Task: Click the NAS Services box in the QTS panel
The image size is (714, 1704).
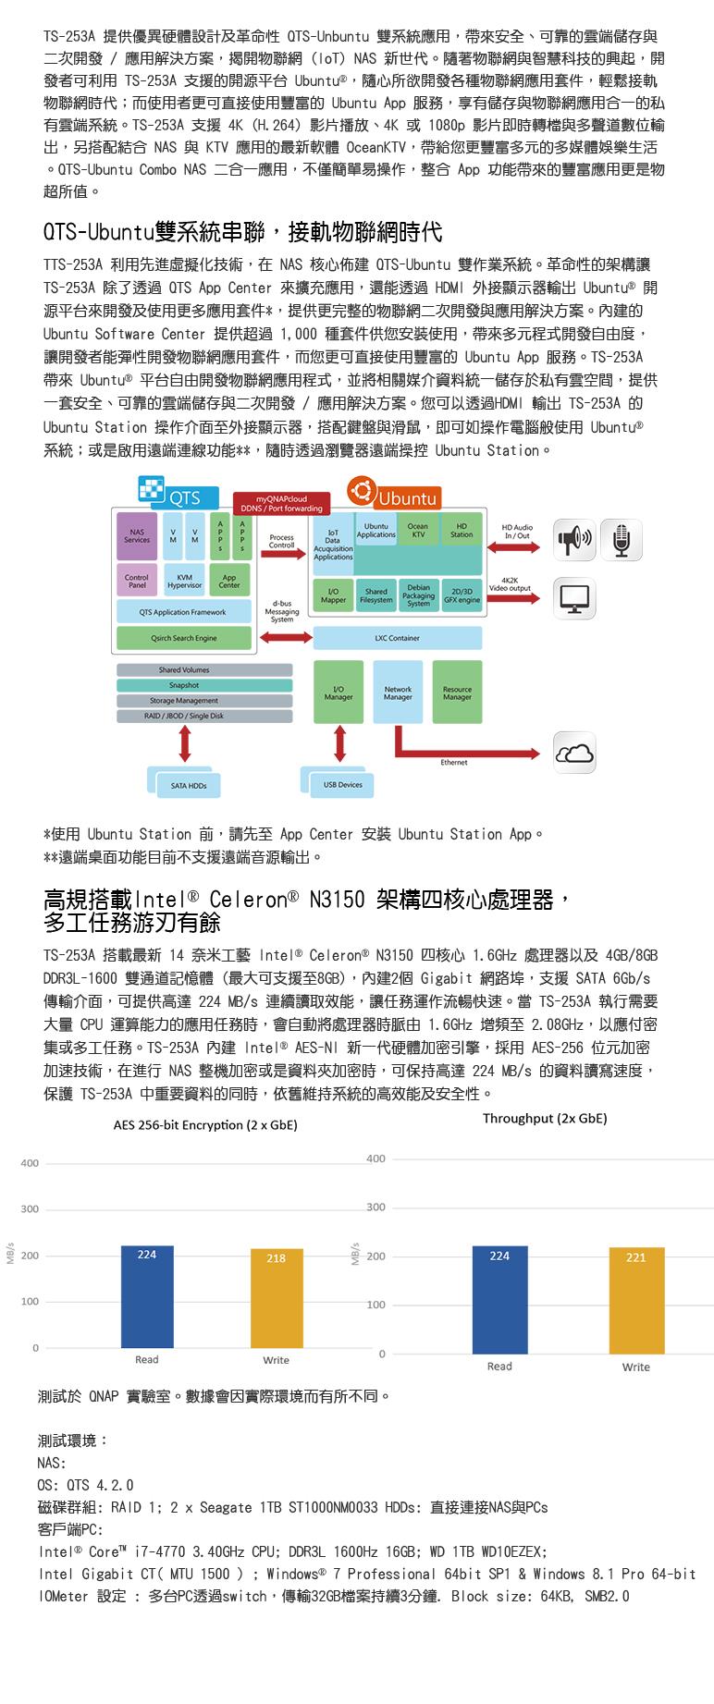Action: (137, 536)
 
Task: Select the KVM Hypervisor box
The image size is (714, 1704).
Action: (184, 582)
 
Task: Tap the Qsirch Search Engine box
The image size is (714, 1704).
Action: (184, 638)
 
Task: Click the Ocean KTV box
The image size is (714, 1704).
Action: (418, 530)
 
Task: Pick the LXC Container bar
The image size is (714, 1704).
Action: (397, 638)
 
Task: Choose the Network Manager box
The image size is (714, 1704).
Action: (398, 693)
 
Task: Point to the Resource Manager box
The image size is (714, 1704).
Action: (457, 693)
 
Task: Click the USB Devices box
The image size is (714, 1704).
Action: (342, 785)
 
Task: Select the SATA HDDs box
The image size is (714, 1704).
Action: (189, 786)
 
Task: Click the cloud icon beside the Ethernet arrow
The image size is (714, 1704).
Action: (574, 753)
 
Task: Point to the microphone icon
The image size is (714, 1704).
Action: (621, 540)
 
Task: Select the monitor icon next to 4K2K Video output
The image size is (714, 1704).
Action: (574, 598)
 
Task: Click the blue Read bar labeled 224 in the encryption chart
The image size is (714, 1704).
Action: (146, 1296)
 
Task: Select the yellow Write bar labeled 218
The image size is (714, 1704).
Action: (276, 1299)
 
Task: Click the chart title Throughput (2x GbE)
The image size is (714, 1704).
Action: (545, 1118)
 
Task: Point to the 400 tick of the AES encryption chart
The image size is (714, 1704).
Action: (31, 1163)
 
